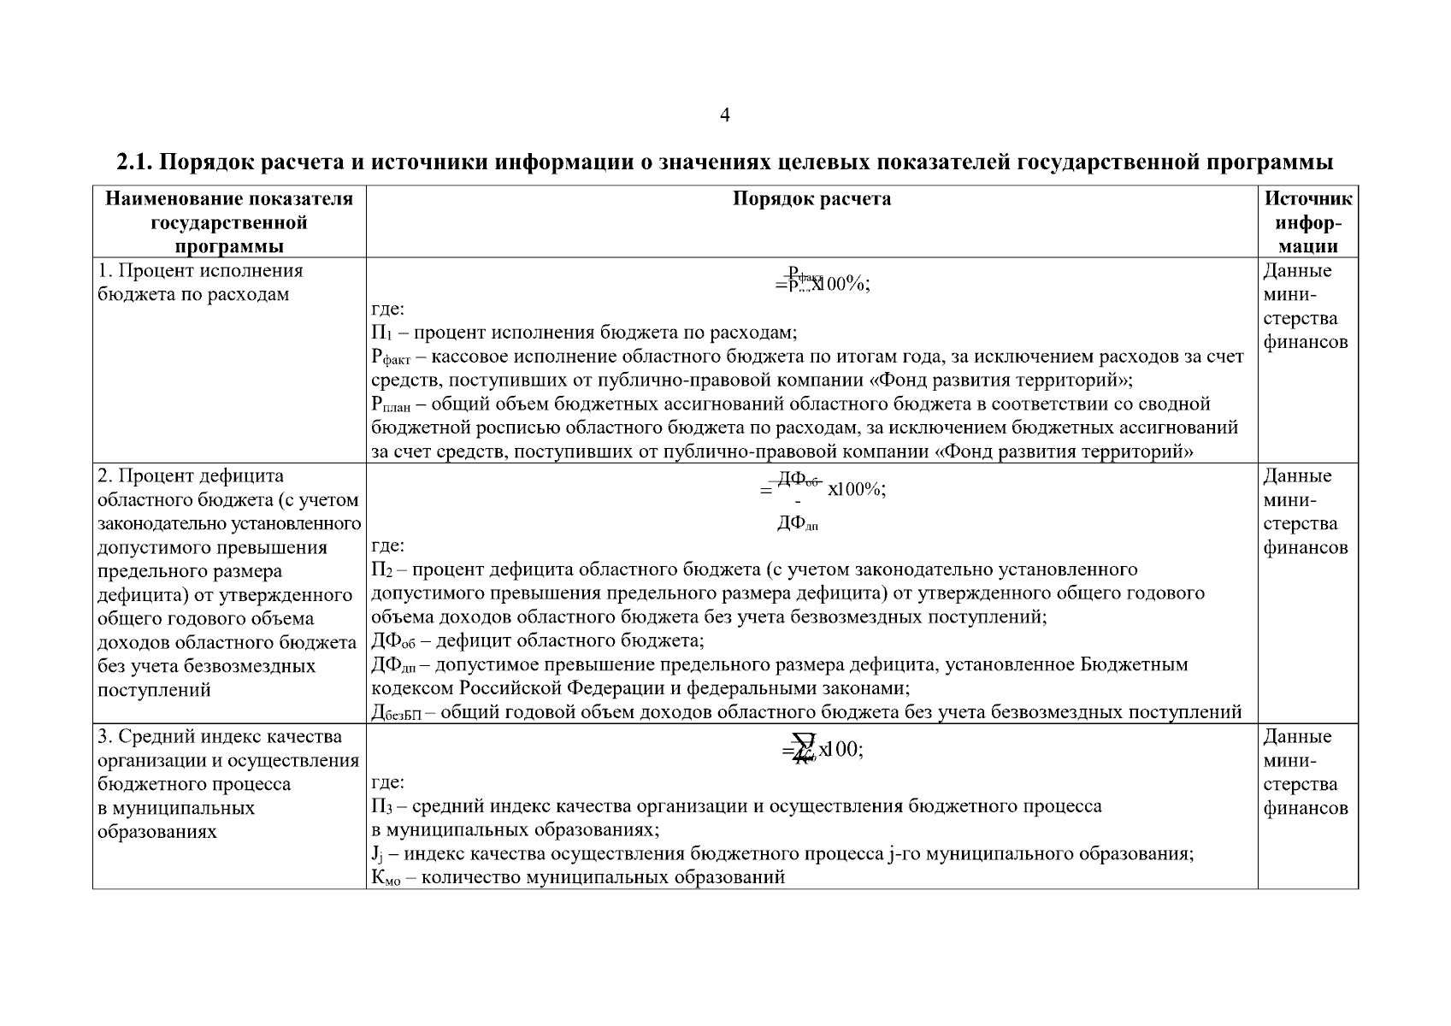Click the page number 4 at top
tap(724, 115)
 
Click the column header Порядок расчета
tap(811, 199)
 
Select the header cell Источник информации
tap(1307, 222)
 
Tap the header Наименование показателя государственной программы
tap(229, 222)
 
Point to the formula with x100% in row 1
tap(822, 284)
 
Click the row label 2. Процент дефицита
tap(191, 476)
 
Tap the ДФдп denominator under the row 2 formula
tap(797, 523)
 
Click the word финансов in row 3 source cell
tap(1305, 808)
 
